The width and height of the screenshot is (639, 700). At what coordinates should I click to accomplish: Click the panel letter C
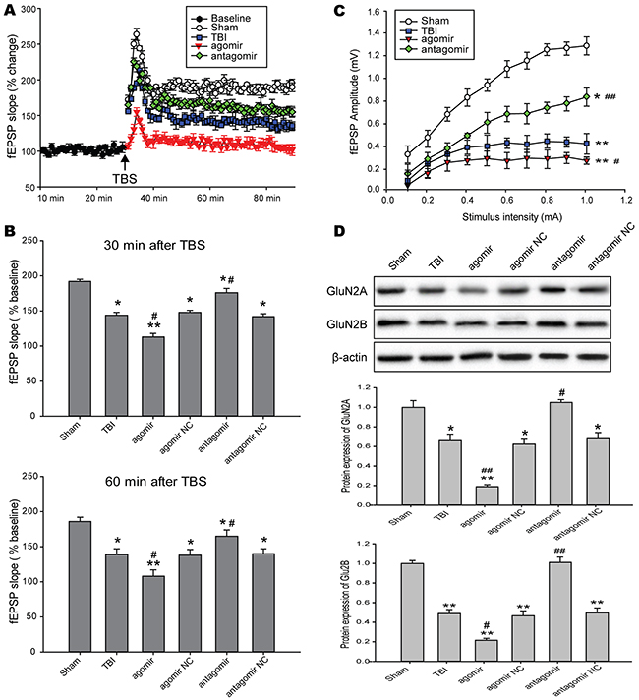[x=340, y=12]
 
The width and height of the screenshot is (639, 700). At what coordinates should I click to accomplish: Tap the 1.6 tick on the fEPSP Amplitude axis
[x=350, y=11]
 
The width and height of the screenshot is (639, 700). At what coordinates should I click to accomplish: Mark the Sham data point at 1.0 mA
[x=586, y=46]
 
